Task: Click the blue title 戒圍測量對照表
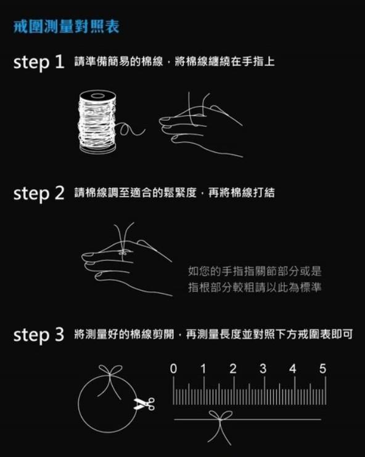point(67,27)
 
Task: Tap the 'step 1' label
point(39,62)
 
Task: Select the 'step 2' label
point(39,193)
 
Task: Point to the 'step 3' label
point(39,334)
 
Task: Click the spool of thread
point(97,121)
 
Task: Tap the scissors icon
point(144,403)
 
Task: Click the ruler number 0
point(173,369)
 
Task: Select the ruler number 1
point(203,369)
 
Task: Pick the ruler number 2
point(233,369)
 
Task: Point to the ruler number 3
point(263,369)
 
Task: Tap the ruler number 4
point(293,369)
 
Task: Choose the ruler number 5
point(322,369)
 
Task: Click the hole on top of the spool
point(97,95)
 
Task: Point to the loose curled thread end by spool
point(129,129)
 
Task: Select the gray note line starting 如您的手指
point(255,271)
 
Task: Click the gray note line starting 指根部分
point(255,288)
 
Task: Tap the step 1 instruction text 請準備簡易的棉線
point(118,62)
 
